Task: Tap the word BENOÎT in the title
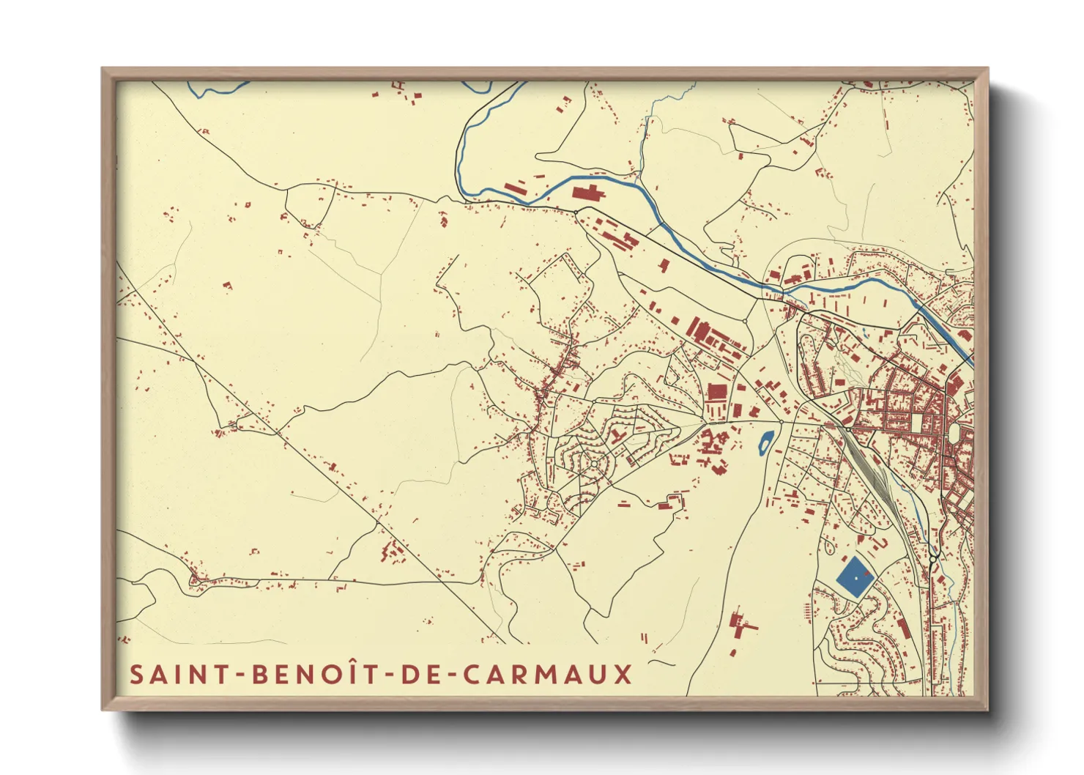coord(314,674)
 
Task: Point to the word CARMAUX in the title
coord(548,674)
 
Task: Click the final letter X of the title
coord(623,674)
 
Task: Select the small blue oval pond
coord(765,442)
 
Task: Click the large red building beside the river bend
coord(587,193)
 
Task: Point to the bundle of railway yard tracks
coord(872,469)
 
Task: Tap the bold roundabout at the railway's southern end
coord(932,559)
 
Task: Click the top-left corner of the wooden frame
coord(104,70)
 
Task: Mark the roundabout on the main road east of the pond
coord(781,422)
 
